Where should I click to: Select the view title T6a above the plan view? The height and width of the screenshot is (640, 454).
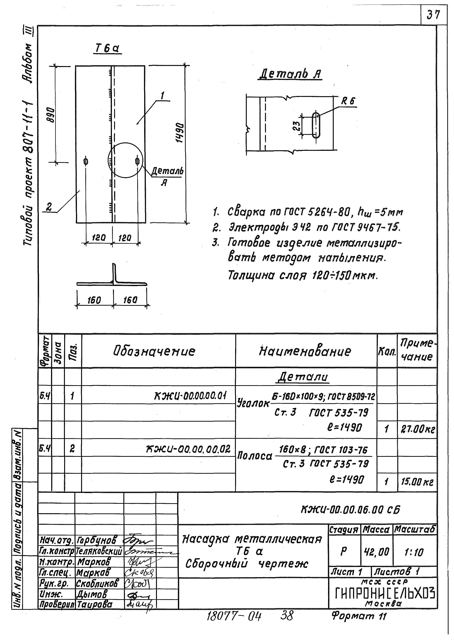(x=107, y=49)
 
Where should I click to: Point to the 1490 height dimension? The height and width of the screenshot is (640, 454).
(x=180, y=132)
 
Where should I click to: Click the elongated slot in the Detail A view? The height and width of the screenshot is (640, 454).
(x=316, y=125)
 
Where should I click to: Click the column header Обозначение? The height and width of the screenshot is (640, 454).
(x=154, y=351)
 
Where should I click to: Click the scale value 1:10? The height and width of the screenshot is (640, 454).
(x=414, y=552)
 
